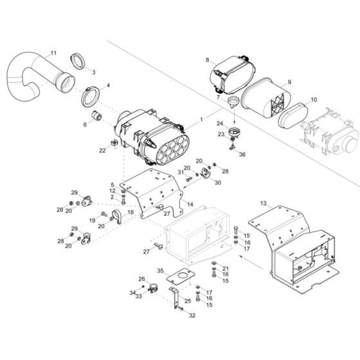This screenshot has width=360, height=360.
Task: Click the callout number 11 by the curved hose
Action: click(x=53, y=53)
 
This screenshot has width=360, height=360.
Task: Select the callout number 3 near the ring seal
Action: click(x=93, y=72)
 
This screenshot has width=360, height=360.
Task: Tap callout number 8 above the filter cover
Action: click(x=208, y=60)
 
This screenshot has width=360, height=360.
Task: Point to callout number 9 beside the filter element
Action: click(x=289, y=82)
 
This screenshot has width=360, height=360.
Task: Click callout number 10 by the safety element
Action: click(x=313, y=100)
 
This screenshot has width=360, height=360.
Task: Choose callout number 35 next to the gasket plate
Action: click(x=161, y=271)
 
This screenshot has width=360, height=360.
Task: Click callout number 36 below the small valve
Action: click(x=242, y=154)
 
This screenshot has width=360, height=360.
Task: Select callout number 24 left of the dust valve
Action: click(x=219, y=123)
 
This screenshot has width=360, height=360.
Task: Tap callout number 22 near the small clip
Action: click(x=102, y=150)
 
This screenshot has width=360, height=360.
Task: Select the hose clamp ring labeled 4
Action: click(x=89, y=96)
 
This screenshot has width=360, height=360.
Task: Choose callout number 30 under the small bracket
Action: click(x=218, y=183)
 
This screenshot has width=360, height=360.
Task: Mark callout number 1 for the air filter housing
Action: click(x=201, y=120)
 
